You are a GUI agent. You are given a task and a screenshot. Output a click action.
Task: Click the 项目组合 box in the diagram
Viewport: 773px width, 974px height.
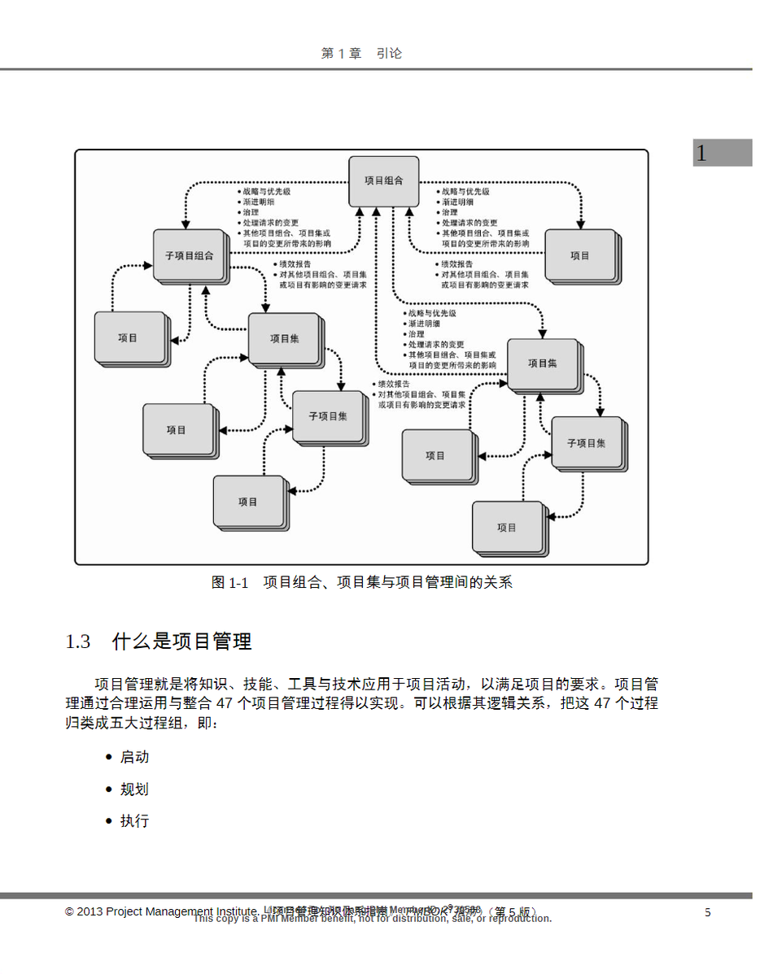pos(383,181)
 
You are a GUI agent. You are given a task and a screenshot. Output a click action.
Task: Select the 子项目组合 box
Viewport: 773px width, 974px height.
pos(189,255)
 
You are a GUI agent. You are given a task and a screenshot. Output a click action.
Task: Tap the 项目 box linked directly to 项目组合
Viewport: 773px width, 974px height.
pos(579,255)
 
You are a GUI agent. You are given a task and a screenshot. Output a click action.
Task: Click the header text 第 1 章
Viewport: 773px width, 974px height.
pos(341,54)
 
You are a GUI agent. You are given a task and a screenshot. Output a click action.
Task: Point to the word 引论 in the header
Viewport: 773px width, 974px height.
pos(390,54)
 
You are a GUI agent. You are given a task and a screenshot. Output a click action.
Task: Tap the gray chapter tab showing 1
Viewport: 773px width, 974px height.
pos(722,153)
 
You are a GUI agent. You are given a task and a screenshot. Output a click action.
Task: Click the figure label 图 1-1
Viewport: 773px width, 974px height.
pos(229,582)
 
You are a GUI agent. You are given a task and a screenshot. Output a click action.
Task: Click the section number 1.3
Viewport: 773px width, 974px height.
pos(78,641)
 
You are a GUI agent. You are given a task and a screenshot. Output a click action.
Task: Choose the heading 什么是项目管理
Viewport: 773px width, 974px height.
pos(181,641)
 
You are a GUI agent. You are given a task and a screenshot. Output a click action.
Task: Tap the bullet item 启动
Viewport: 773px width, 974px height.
pos(134,757)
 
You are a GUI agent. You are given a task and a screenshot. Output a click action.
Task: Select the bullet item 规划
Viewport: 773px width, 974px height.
pos(134,789)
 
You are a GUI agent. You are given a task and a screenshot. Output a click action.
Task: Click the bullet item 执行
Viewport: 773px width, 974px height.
pos(134,821)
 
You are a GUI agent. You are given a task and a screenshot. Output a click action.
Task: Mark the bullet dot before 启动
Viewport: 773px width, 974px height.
pos(109,757)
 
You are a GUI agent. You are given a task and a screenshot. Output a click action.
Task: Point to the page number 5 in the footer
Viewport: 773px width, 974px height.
pos(708,912)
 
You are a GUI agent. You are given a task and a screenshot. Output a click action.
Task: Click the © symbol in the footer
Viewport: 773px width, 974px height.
pos(70,912)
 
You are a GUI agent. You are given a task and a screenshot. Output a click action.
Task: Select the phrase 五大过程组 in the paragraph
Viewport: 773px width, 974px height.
pos(142,723)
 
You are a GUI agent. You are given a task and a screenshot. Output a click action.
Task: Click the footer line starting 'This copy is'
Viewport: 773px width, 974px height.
pos(373,920)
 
